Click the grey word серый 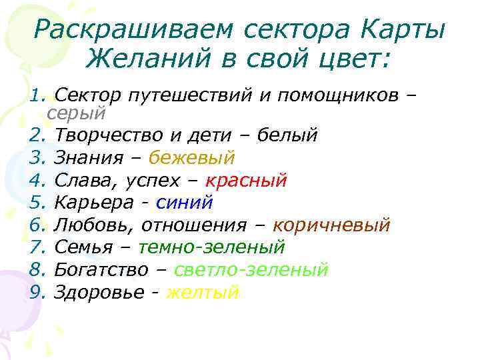point(77,114)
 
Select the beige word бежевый point(191,157)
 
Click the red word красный point(246,180)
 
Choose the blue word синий point(183,202)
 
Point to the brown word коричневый point(331,225)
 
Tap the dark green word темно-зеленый point(211,247)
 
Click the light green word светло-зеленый point(251,269)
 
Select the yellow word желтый point(202,292)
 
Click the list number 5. point(37,202)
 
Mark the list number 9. point(37,292)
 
